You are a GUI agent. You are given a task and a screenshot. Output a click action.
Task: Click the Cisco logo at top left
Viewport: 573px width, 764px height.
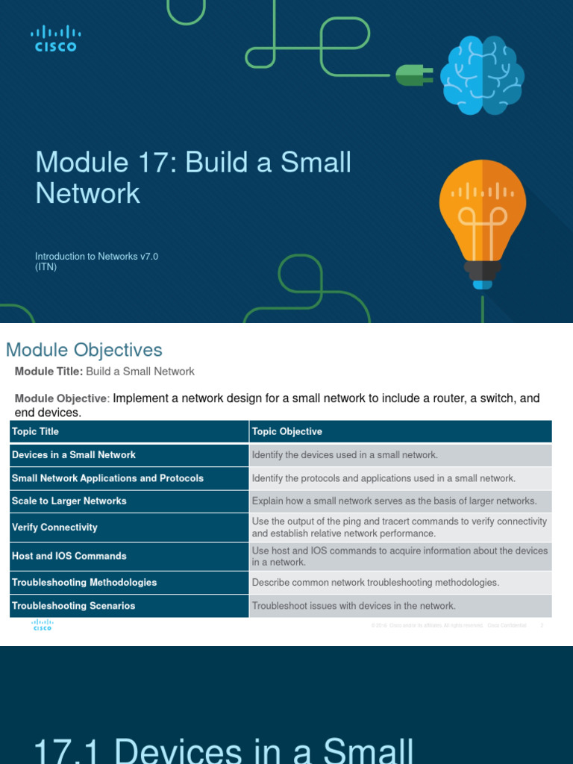(55, 38)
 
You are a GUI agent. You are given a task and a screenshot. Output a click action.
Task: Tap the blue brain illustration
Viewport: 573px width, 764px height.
(481, 75)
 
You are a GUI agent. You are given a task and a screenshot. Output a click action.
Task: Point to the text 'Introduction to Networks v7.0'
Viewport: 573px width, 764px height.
(97, 257)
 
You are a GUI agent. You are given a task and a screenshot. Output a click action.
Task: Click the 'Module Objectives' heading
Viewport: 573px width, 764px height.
(84, 350)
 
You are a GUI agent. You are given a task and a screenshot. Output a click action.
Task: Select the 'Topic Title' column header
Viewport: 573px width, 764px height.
(35, 431)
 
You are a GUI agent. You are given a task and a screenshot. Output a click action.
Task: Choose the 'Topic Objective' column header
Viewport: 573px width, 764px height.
(287, 431)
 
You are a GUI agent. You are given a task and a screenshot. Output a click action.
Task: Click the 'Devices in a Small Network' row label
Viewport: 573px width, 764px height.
(74, 454)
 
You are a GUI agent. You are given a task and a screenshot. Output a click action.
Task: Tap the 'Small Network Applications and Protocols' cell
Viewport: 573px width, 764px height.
(107, 478)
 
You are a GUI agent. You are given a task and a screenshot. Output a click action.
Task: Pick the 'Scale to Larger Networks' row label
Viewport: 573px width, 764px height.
(69, 501)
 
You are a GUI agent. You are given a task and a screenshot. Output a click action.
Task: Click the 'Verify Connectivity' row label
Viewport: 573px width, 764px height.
(54, 527)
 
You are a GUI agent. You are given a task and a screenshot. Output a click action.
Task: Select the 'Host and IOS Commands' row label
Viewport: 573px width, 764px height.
(69, 556)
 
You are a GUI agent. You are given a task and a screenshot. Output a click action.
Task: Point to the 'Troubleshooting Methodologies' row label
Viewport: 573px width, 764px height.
(84, 582)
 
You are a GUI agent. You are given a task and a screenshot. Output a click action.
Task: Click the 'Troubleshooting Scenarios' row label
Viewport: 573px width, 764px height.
(74, 606)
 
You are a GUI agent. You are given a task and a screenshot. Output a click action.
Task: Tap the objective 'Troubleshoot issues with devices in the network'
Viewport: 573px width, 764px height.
(354, 606)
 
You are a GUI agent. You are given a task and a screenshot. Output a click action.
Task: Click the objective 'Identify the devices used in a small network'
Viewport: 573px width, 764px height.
(345, 454)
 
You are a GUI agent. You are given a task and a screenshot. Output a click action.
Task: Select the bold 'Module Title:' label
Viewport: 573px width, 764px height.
(48, 372)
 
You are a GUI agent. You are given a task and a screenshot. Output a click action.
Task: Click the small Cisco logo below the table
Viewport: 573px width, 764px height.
(42, 625)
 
